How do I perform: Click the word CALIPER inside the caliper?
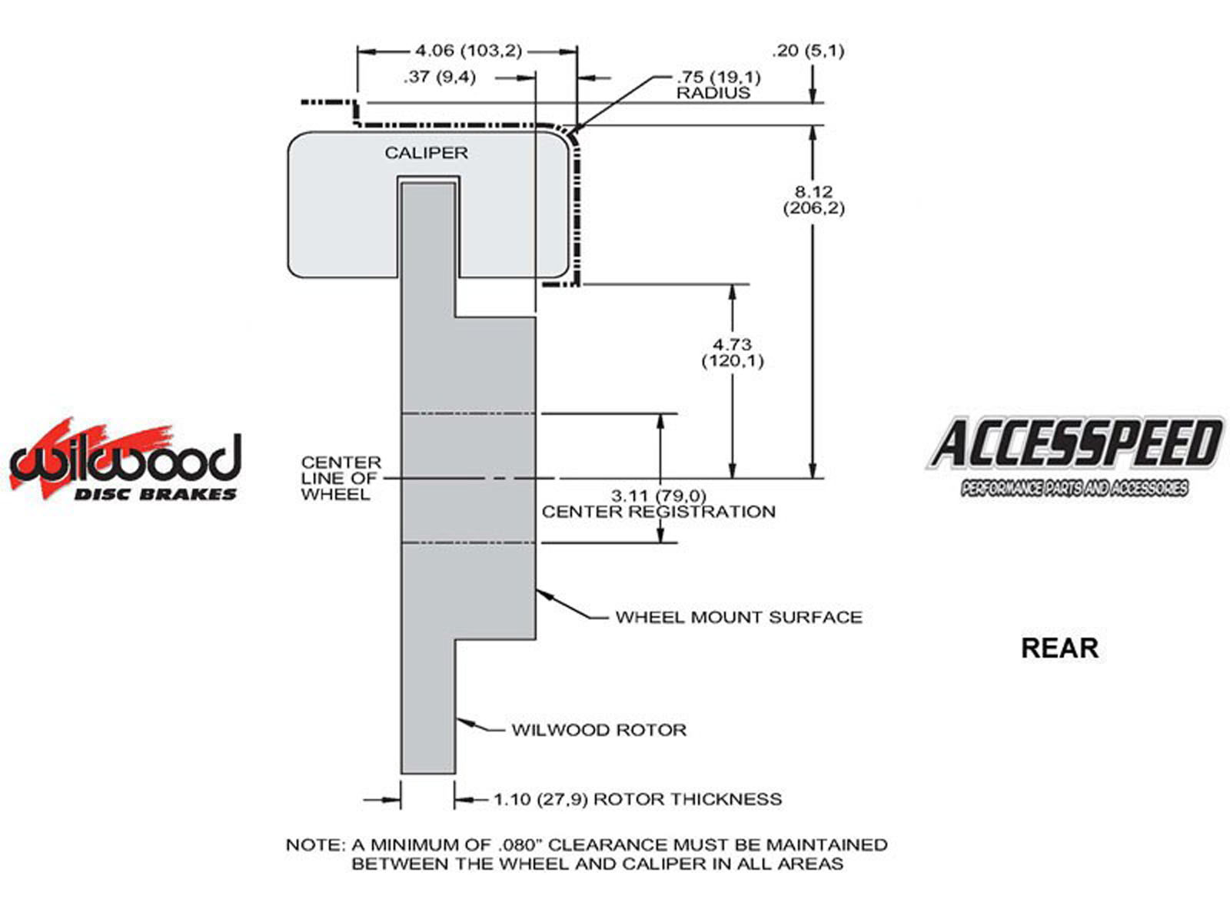[x=426, y=153]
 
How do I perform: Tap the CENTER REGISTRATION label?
[x=659, y=512]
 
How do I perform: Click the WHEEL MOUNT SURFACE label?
[x=739, y=617]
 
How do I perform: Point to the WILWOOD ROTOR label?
[x=599, y=730]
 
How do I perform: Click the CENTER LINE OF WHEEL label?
[x=341, y=478]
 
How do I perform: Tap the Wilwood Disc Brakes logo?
[x=125, y=462]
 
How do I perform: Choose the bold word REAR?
[x=1059, y=648]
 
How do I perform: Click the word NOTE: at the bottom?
[x=315, y=845]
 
